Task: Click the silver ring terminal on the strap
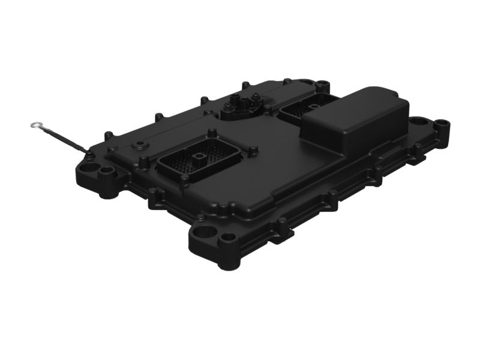point(35,125)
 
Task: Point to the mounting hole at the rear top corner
point(325,84)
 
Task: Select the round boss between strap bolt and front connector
point(140,145)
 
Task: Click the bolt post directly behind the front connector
point(211,133)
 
